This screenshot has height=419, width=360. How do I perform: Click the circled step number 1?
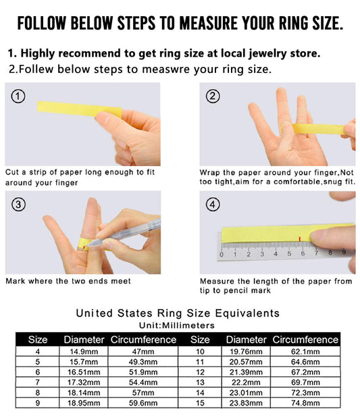[18, 96]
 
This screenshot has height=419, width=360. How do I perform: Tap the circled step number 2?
[213, 96]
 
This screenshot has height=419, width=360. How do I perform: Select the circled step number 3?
[18, 204]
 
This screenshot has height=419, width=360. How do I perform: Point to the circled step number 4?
[213, 204]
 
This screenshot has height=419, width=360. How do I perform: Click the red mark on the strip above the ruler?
[300, 239]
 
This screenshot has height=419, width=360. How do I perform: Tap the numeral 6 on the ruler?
[303, 253]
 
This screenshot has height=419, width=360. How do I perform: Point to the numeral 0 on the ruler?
[222, 254]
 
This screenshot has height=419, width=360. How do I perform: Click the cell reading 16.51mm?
[84, 372]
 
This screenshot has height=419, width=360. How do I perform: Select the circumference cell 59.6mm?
[143, 403]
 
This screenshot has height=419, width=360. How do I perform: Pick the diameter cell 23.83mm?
[246, 403]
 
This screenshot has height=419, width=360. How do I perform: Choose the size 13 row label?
[200, 382]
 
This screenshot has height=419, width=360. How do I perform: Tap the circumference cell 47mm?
[143, 352]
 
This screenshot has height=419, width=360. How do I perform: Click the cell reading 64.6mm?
[305, 362]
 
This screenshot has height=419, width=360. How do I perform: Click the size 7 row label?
[37, 382]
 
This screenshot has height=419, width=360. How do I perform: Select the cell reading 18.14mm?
[84, 393]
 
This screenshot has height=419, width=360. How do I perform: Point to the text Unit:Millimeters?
[177, 325]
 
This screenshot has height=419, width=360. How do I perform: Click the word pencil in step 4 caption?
[236, 291]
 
